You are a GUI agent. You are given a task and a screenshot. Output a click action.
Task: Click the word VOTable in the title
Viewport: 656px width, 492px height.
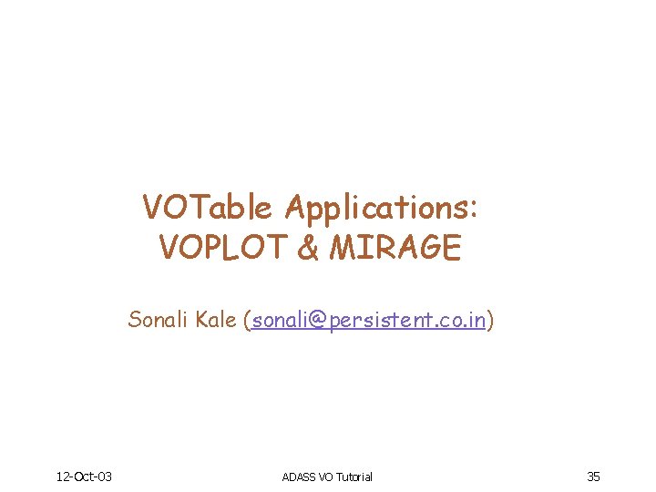point(207,209)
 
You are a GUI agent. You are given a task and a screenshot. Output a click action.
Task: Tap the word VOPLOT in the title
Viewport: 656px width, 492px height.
point(223,247)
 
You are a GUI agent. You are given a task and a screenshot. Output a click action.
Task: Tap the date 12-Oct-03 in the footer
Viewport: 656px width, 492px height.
point(84,476)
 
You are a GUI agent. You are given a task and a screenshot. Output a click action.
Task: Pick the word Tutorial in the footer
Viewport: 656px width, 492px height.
point(354,477)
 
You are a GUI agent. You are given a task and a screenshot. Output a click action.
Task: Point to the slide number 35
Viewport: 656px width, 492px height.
point(593,476)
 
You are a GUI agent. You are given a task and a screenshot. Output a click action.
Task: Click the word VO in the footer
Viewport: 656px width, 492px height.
point(326,477)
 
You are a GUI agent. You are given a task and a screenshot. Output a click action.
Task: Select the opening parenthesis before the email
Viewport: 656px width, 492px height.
point(247,321)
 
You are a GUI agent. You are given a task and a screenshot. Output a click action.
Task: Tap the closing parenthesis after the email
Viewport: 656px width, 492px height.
point(491,321)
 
